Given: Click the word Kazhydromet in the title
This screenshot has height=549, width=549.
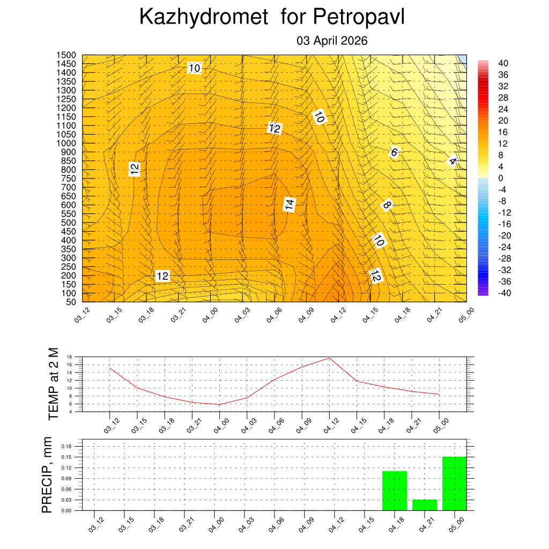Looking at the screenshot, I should [x=204, y=17].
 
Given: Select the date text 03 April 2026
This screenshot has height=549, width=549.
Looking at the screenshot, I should [x=332, y=41].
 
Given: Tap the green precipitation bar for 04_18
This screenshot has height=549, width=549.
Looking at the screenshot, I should [x=395, y=491].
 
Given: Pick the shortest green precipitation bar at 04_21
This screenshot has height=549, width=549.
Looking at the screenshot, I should [x=425, y=505].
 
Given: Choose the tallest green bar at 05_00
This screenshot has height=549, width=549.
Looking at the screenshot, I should [x=455, y=484].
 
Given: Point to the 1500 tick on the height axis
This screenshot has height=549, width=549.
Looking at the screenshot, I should [x=67, y=55].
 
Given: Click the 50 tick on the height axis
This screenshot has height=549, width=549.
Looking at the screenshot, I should [x=71, y=302].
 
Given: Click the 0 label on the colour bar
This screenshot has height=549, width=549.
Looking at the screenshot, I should [x=500, y=178].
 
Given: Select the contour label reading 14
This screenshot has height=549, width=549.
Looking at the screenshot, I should [x=290, y=204].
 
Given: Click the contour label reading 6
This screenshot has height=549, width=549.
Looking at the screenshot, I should [x=394, y=152].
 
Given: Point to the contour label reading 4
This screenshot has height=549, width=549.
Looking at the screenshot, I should [x=452, y=161].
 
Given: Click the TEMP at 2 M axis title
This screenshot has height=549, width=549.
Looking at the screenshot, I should [x=53, y=383].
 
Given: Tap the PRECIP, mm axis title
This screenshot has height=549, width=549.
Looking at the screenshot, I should [x=47, y=475].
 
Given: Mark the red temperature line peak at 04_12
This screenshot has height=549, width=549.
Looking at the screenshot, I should [x=329, y=358].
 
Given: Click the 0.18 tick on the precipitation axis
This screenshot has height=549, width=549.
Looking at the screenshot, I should [x=66, y=446].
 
